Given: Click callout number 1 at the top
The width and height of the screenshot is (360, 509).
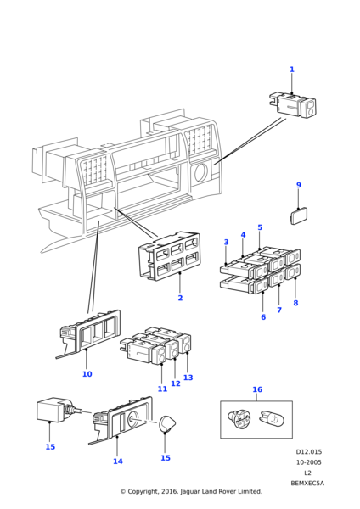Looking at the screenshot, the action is [292, 70].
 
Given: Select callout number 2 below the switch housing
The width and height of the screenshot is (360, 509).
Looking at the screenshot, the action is [180, 298].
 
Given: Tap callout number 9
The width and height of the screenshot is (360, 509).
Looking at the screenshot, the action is [299, 185].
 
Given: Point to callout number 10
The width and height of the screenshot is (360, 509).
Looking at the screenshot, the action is [87, 374].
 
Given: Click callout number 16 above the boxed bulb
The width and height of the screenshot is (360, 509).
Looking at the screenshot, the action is [257, 389].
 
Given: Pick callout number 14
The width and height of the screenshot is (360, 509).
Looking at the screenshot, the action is [118, 461].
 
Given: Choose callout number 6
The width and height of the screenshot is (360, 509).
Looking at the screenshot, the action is [263, 316].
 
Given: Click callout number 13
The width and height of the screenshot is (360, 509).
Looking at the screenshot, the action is [188, 378].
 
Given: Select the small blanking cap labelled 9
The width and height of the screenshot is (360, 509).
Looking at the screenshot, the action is [299, 215].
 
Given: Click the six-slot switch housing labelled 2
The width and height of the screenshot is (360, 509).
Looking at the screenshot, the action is [169, 256].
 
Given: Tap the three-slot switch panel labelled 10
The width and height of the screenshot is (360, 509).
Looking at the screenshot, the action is [90, 333].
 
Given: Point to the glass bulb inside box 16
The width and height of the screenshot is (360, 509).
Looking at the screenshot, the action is [272, 419].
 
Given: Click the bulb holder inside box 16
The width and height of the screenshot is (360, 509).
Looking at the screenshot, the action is [239, 420].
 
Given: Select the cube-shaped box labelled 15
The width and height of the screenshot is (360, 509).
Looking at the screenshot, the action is [52, 410].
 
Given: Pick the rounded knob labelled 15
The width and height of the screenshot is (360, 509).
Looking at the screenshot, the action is [167, 424].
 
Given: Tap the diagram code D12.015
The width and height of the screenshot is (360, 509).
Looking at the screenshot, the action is [309, 452].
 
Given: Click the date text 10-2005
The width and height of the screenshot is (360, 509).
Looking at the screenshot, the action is [309, 462].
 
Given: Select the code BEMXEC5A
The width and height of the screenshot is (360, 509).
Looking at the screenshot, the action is [307, 484].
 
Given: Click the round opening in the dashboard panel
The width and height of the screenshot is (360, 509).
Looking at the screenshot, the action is [200, 172].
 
